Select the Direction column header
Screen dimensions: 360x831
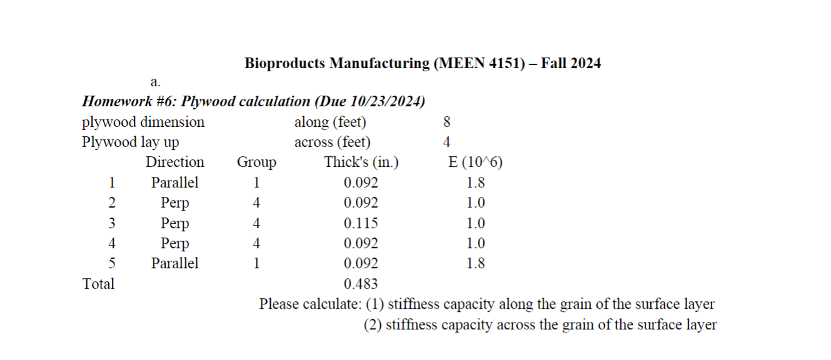175,162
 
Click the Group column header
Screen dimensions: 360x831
256,162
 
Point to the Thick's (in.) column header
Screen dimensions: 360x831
361,162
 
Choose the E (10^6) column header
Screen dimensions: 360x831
476,162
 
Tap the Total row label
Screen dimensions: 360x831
99,284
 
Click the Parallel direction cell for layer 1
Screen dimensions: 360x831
175,182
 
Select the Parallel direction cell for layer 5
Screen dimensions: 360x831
175,263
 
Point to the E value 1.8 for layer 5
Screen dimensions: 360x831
476,263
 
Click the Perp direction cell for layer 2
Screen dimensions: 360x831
175,203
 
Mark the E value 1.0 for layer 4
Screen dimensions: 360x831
476,243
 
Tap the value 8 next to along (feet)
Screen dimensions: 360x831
446,122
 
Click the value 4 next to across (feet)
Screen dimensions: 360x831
446,142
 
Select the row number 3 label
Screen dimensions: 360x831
112,223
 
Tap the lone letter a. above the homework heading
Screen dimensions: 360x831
156,82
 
